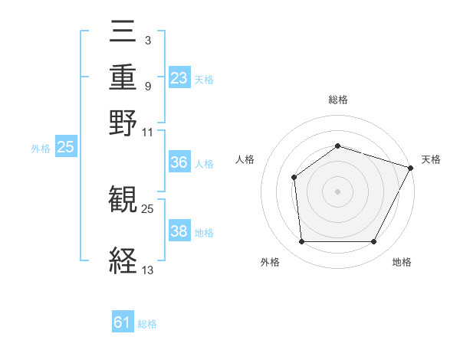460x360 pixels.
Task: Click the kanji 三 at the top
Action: pyautogui.click(x=123, y=33)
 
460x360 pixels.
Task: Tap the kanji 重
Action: pyautogui.click(x=123, y=78)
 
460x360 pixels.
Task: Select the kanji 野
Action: pyautogui.click(x=123, y=123)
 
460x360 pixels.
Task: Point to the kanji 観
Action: pyautogui.click(x=123, y=201)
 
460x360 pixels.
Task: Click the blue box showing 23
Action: pyautogui.click(x=179, y=78)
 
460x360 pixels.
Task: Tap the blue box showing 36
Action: pyautogui.click(x=179, y=163)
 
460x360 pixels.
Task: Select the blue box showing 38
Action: pyautogui.click(x=179, y=231)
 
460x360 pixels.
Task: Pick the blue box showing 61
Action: pyautogui.click(x=123, y=322)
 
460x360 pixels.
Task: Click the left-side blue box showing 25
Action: pyautogui.click(x=65, y=148)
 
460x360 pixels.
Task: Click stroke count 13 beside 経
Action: pyautogui.click(x=148, y=270)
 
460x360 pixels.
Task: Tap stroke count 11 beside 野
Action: pyautogui.click(x=148, y=132)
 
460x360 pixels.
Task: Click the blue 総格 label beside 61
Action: pyautogui.click(x=147, y=324)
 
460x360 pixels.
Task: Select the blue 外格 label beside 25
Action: pyautogui.click(x=41, y=149)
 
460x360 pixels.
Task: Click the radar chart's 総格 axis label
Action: pyautogui.click(x=338, y=100)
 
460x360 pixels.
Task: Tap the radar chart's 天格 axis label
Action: pyautogui.click(x=431, y=159)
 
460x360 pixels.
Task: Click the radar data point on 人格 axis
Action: pyautogui.click(x=294, y=178)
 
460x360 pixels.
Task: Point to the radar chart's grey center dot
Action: pyautogui.click(x=338, y=191)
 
